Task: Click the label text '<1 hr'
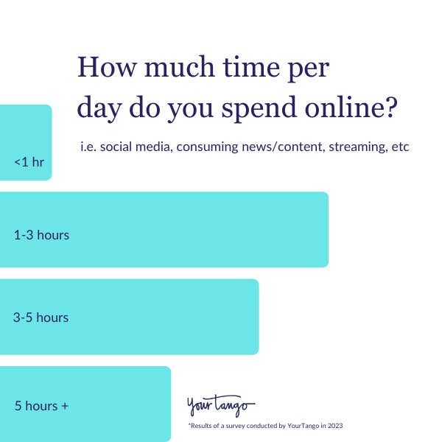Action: pos(29,161)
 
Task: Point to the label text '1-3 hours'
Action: pos(41,235)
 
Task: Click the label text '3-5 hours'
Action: pos(41,318)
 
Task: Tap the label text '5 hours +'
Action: pos(41,405)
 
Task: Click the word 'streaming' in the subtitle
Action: pos(357,147)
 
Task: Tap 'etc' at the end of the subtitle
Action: pos(400,147)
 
